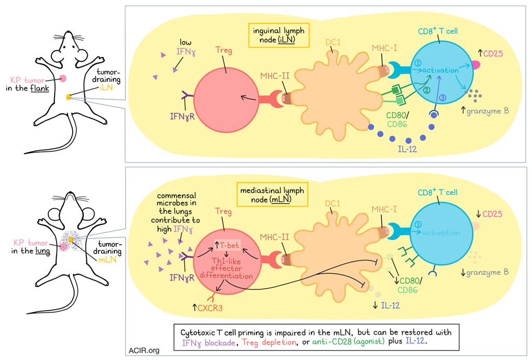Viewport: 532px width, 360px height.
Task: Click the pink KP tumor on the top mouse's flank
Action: tap(63, 78)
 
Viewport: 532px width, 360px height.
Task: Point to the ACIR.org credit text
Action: tap(144, 351)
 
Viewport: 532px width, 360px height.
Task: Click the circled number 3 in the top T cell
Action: tap(443, 97)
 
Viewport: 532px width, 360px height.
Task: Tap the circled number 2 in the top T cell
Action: tap(427, 89)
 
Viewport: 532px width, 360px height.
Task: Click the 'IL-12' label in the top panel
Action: tap(407, 149)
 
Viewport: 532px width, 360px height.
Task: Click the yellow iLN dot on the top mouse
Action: tap(69, 97)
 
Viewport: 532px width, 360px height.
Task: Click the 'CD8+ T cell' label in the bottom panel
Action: tap(437, 192)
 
